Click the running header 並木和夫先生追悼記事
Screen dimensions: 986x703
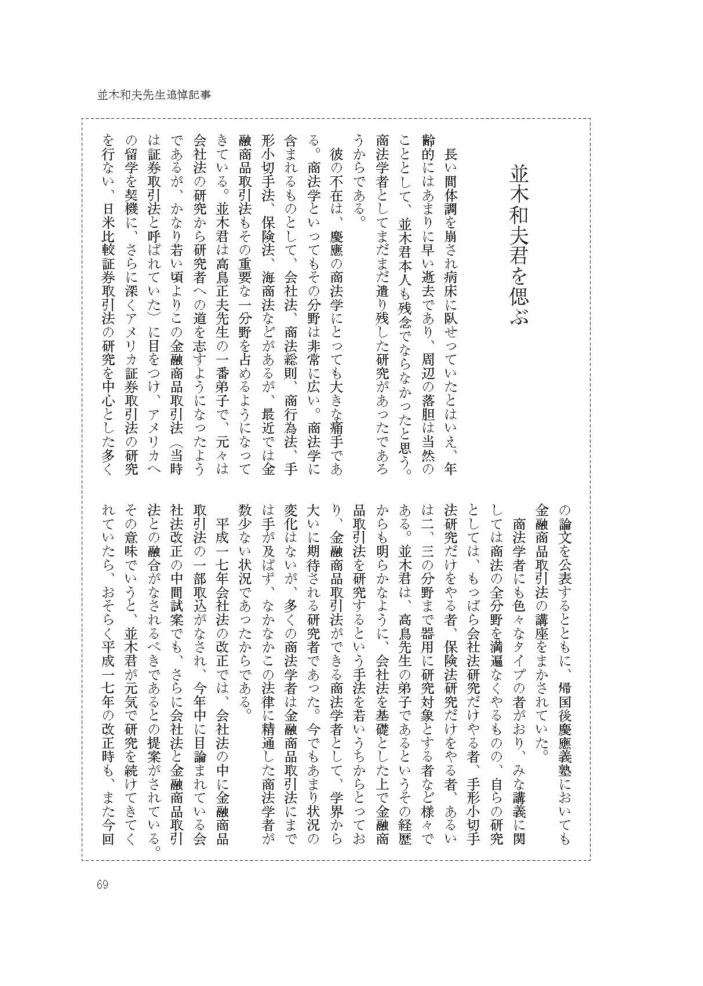pos(154,94)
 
